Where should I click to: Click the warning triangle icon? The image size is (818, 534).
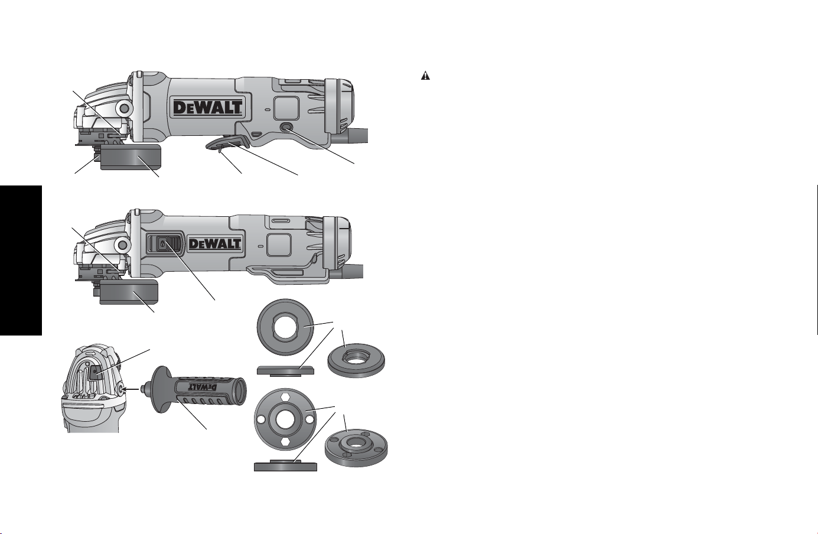pos(425,76)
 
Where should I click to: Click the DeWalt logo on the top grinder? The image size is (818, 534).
pos(207,108)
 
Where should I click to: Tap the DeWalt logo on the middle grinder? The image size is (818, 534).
pos(215,243)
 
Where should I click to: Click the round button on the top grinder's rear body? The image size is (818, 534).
pos(286,128)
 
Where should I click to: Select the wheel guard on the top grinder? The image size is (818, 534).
pos(131,157)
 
